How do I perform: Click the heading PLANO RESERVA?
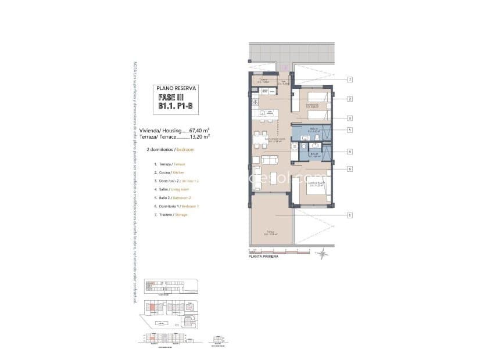[178, 88]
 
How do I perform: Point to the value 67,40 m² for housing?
[199, 131]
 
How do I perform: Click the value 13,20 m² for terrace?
[199, 137]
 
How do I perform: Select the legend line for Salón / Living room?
[174, 189]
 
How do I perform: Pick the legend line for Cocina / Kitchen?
[172, 173]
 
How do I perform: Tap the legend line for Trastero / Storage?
[173, 214]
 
